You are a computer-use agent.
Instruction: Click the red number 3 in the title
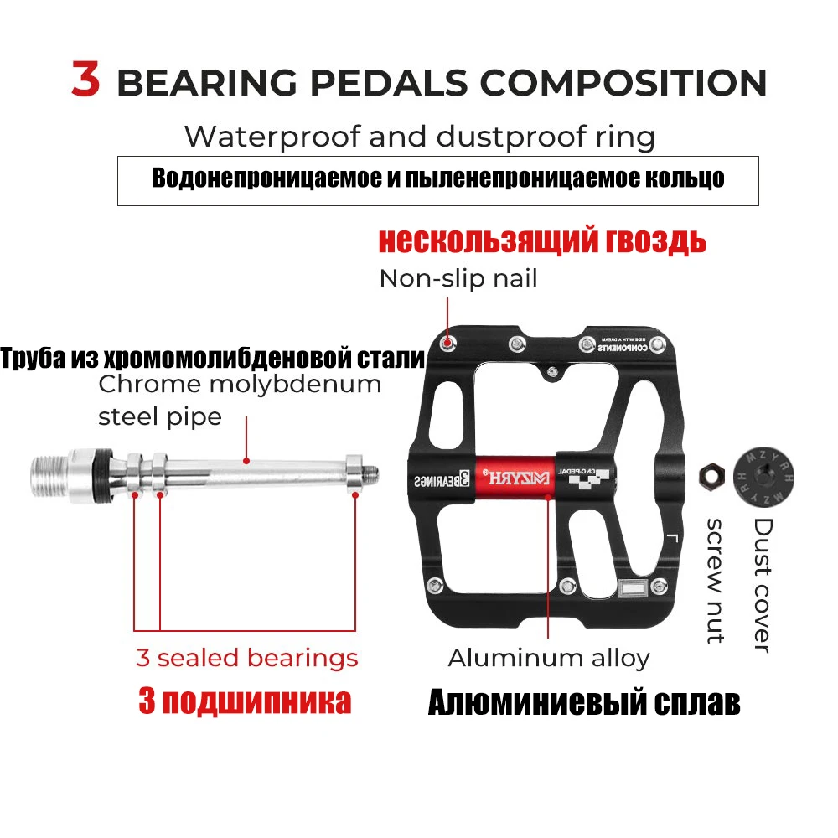[x=85, y=80]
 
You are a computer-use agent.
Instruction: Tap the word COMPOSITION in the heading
[x=623, y=83]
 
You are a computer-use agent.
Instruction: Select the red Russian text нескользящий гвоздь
[x=542, y=241]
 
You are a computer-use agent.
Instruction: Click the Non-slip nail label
[x=458, y=278]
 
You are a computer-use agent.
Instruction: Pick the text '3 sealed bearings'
[x=247, y=658]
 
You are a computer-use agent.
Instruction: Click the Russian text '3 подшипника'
[x=245, y=701]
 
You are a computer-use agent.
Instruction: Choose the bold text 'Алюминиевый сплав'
[x=584, y=703]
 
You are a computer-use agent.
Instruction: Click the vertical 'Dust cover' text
[x=762, y=584]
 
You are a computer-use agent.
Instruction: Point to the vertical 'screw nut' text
[x=715, y=580]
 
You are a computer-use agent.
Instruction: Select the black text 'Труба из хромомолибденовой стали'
[x=213, y=359]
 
